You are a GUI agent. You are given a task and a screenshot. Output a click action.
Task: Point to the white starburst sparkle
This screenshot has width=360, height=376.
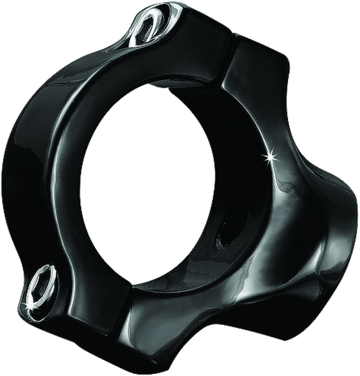271,156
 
